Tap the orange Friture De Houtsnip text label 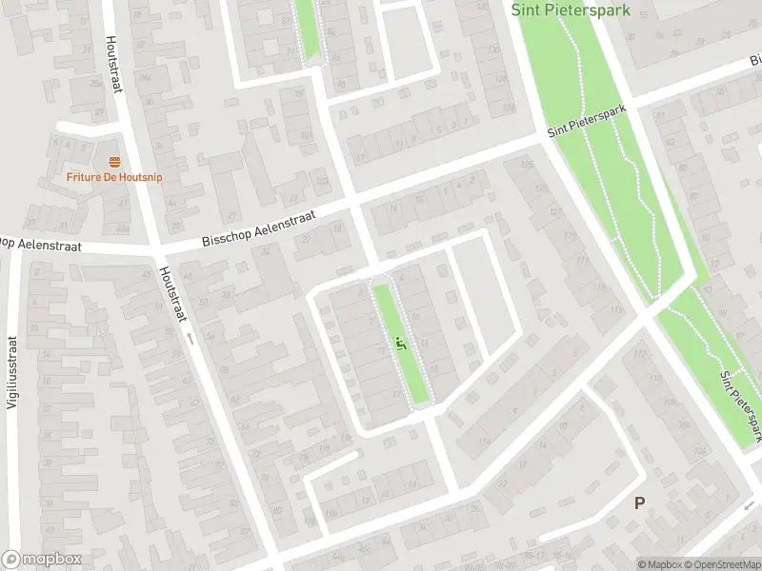click(113, 176)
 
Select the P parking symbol click(639, 502)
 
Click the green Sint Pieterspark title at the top click(571, 10)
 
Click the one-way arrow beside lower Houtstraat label click(189, 337)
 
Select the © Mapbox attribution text click(659, 564)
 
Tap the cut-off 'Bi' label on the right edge click(754, 59)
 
